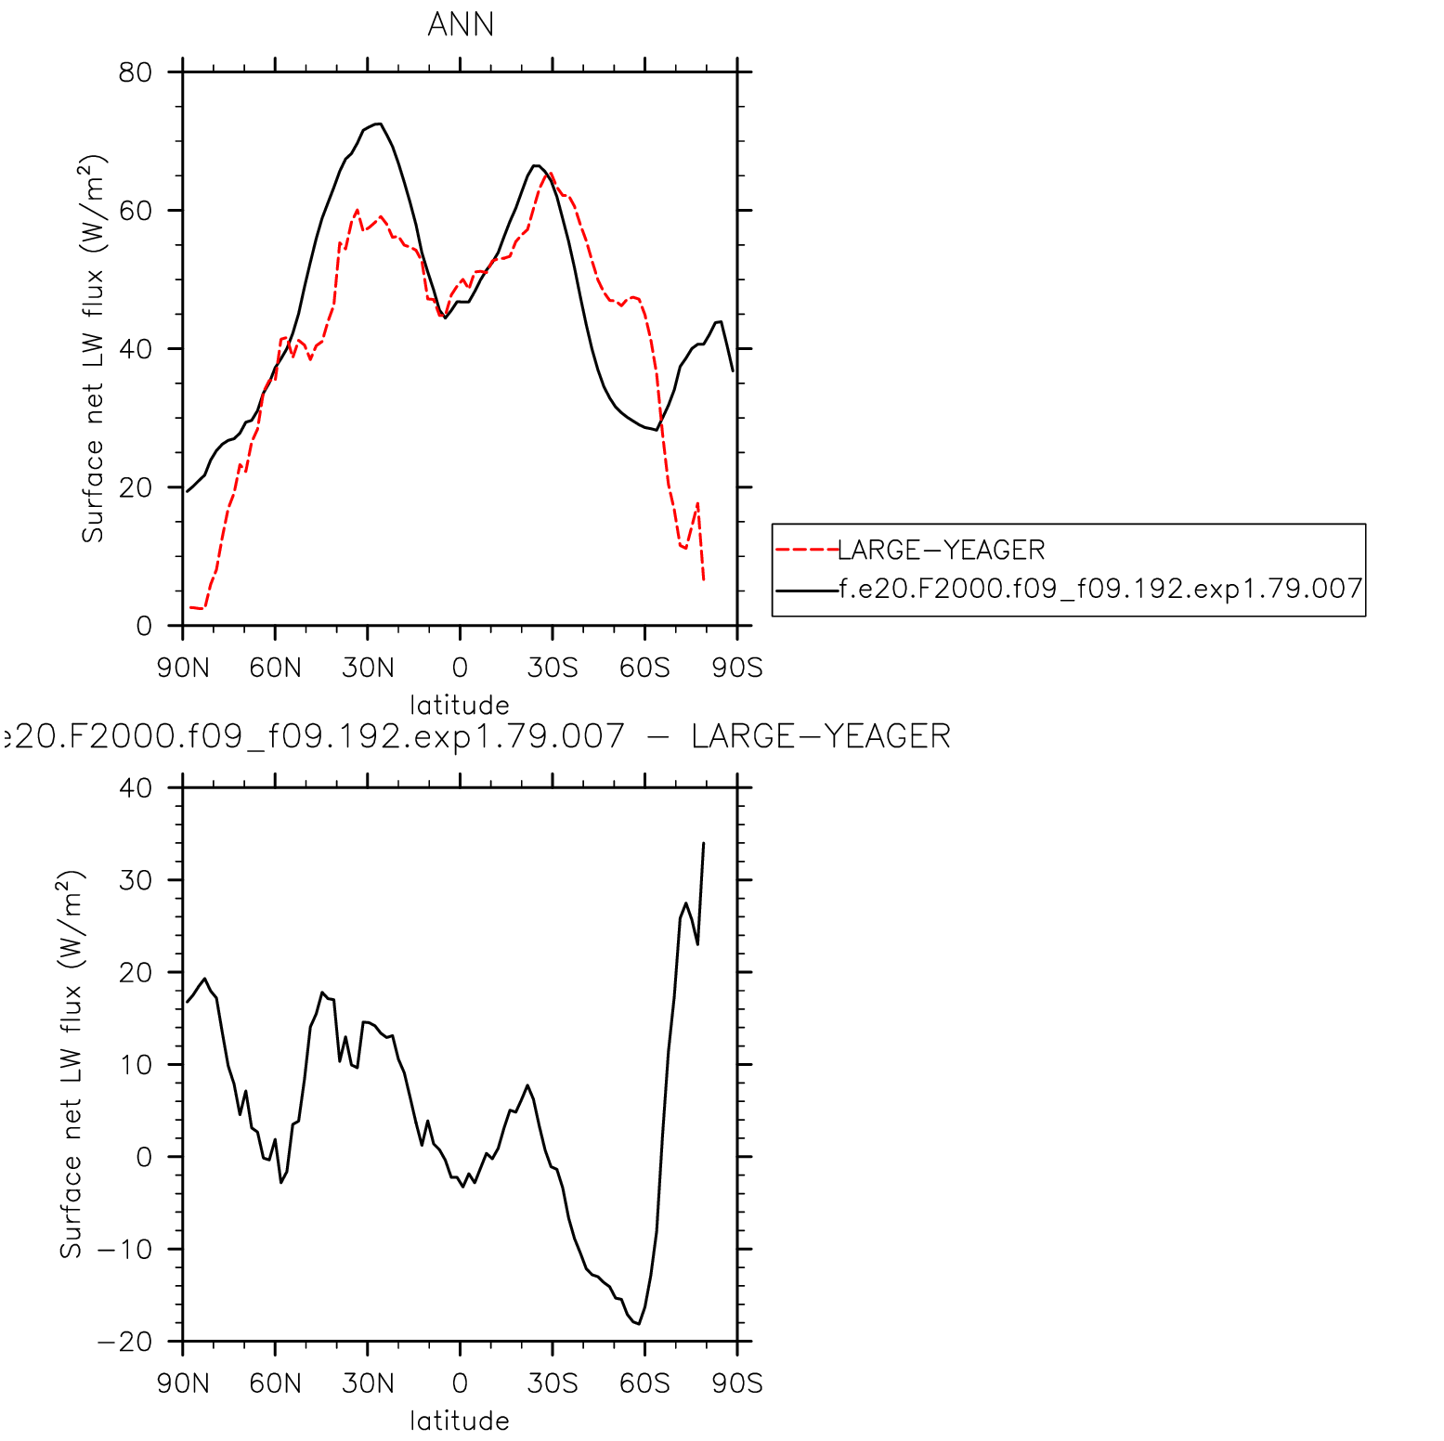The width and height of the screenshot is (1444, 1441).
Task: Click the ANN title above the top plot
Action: click(461, 24)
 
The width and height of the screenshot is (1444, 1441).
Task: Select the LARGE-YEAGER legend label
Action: click(941, 551)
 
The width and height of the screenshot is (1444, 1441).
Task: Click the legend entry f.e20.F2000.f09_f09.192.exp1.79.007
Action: click(1100, 589)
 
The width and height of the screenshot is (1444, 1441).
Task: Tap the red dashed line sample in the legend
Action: click(806, 550)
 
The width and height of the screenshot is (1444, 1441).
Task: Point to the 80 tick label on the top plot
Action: click(136, 72)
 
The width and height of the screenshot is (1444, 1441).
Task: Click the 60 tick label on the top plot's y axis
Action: click(136, 211)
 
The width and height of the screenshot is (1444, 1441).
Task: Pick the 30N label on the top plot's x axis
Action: click(368, 668)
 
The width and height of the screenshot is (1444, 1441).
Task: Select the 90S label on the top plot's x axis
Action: click(737, 668)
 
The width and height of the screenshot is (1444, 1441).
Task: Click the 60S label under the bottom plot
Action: click(644, 1383)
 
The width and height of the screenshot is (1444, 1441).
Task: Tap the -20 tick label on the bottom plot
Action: click(124, 1343)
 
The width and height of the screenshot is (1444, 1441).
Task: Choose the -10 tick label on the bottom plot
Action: click(124, 1250)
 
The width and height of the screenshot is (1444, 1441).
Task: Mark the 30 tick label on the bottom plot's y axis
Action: click(136, 880)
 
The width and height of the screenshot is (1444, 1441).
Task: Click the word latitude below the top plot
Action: click(460, 705)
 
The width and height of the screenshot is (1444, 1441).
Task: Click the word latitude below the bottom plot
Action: click(460, 1421)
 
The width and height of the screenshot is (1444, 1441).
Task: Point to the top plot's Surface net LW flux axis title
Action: click(93, 348)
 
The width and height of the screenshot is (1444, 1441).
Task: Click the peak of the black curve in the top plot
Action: click(378, 123)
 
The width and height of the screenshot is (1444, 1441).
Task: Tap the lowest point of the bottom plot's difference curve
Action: click(638, 1324)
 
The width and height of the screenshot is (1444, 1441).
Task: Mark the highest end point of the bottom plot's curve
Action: click(704, 843)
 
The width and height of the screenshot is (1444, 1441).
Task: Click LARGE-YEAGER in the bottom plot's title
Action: click(821, 736)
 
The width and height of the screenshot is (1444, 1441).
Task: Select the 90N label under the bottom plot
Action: click(183, 1383)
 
